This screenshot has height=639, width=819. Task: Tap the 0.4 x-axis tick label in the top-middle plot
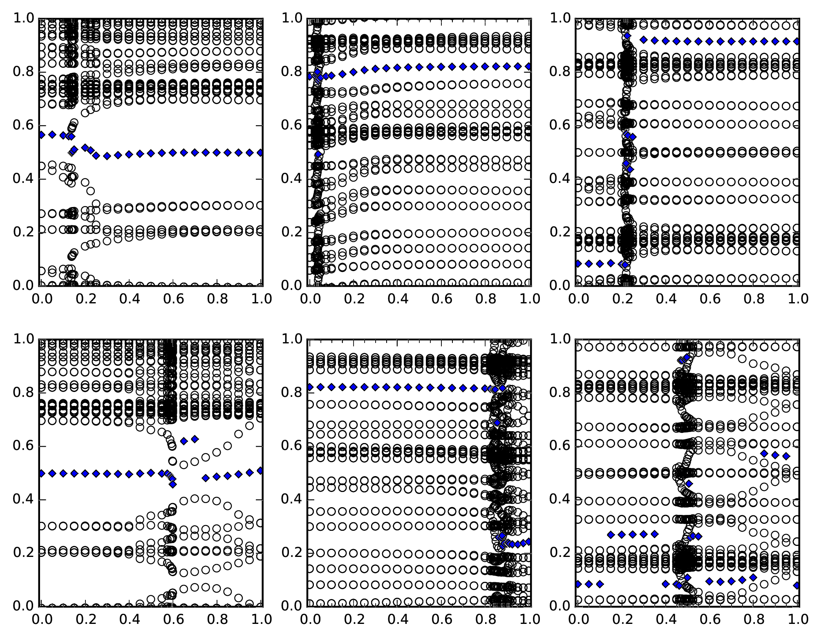pyautogui.click(x=398, y=299)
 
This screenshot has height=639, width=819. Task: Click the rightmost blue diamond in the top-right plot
pyautogui.click(x=797, y=41)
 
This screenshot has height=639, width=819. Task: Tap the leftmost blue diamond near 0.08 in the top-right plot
pyautogui.click(x=578, y=264)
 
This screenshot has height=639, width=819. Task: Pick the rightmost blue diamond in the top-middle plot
pyautogui.click(x=529, y=66)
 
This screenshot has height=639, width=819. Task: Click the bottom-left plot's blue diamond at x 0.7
pyautogui.click(x=195, y=439)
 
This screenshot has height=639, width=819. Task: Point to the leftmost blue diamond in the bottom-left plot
pyautogui.click(x=41, y=473)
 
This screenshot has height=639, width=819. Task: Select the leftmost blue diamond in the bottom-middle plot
pyautogui.click(x=310, y=387)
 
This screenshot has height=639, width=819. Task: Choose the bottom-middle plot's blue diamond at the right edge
pyautogui.click(x=529, y=542)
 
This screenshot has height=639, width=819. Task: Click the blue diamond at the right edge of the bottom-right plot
pyautogui.click(x=797, y=585)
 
